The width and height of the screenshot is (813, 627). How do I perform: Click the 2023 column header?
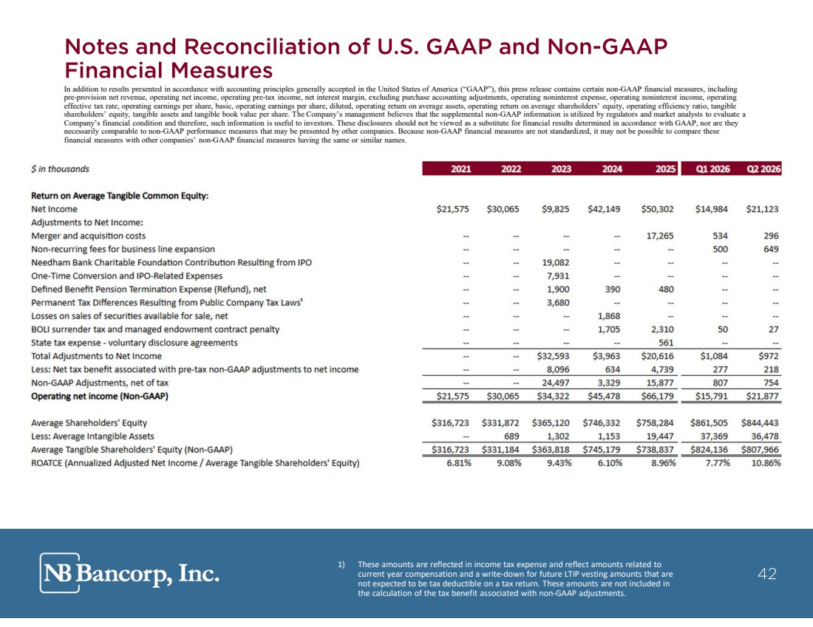coord(561,169)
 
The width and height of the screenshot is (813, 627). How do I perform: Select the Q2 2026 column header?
coord(763,169)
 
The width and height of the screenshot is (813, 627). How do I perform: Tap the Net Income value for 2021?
coord(452,209)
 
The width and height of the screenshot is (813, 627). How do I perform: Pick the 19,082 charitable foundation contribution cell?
coord(555,263)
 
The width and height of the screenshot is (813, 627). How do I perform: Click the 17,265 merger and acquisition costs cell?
coord(659,236)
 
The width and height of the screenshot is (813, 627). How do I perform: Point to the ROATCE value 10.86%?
coord(765,463)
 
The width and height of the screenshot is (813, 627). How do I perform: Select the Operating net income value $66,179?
coord(657,397)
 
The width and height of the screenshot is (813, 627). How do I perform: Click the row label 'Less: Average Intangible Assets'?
coord(92,436)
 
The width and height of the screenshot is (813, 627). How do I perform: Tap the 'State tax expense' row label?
coord(135,343)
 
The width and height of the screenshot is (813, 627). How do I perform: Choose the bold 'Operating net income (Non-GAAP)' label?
coord(100,397)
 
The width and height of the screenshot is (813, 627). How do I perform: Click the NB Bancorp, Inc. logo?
coord(129,572)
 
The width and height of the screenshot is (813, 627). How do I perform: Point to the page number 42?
coord(767,574)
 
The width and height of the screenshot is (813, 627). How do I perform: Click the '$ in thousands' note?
coord(60,169)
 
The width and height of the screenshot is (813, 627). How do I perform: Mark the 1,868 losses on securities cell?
coord(609,316)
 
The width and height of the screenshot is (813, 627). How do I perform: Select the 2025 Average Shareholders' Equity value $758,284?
coord(655,423)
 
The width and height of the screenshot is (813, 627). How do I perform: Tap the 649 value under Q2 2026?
coord(771,249)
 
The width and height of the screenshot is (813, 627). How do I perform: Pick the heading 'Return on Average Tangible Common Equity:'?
coord(120,196)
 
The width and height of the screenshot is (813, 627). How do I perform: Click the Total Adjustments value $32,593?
coord(553,356)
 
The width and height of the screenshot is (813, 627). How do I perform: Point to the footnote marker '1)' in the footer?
coord(341,564)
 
